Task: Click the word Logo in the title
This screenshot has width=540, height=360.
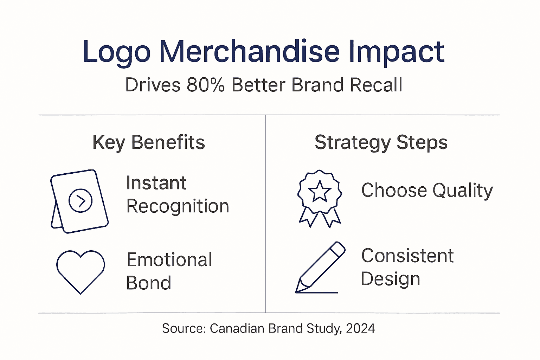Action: (116, 52)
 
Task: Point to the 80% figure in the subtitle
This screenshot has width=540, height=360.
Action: (206, 85)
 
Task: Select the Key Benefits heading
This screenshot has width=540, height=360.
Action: (149, 143)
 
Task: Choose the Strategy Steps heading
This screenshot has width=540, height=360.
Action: (381, 143)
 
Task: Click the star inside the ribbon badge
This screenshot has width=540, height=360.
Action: (320, 191)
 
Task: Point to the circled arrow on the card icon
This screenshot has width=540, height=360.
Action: (81, 201)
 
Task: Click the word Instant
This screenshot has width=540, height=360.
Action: (156, 183)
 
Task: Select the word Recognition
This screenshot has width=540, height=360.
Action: (178, 206)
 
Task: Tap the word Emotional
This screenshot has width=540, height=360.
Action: (169, 260)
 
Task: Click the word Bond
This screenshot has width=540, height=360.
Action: (148, 283)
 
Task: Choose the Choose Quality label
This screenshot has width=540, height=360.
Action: (427, 191)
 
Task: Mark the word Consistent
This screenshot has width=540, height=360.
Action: (407, 256)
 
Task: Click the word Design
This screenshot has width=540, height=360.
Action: (390, 279)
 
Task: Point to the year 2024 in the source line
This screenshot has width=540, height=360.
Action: (360, 328)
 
